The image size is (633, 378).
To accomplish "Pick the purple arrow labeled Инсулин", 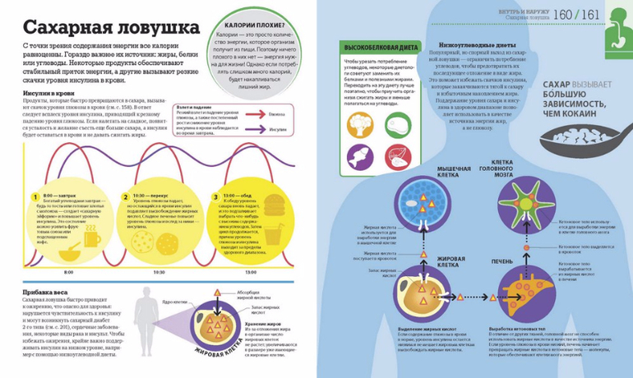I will [x=256, y=128].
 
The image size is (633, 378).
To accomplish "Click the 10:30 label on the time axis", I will [x=159, y=271].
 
